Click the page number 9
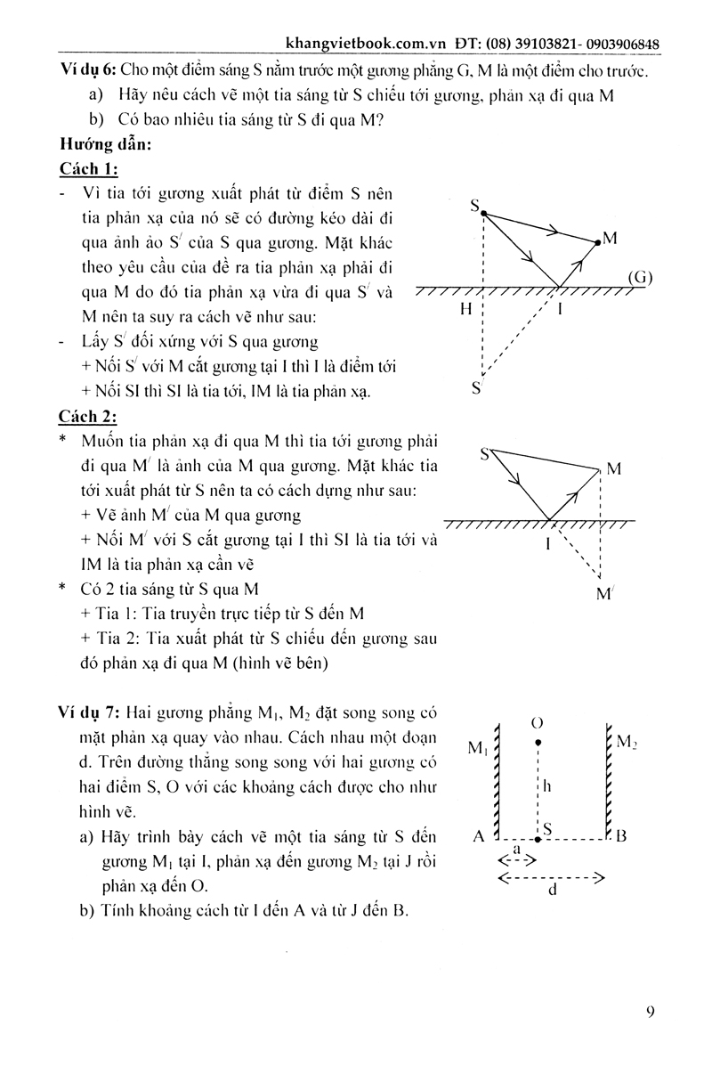click(x=651, y=1012)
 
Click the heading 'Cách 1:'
click(x=89, y=169)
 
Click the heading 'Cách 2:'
click(x=89, y=415)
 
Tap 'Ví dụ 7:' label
click(x=91, y=712)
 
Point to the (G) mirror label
click(x=639, y=277)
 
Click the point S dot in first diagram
click(x=483, y=212)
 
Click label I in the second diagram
click(x=548, y=542)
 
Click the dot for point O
click(x=537, y=740)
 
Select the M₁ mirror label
click(x=478, y=748)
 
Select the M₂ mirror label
click(x=627, y=741)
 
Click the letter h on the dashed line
click(x=548, y=786)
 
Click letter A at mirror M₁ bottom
click(x=479, y=837)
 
